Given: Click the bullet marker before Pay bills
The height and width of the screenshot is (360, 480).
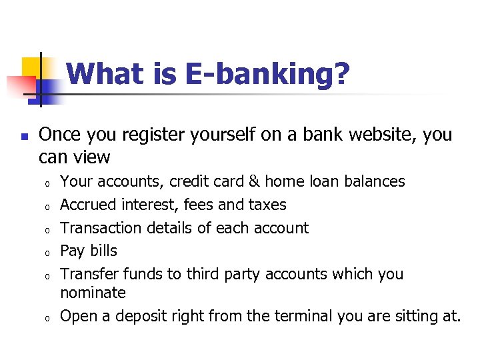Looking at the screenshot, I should click(x=48, y=253).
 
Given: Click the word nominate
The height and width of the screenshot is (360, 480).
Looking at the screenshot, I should click(x=93, y=293).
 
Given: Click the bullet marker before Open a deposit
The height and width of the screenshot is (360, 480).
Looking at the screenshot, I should click(x=48, y=318).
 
